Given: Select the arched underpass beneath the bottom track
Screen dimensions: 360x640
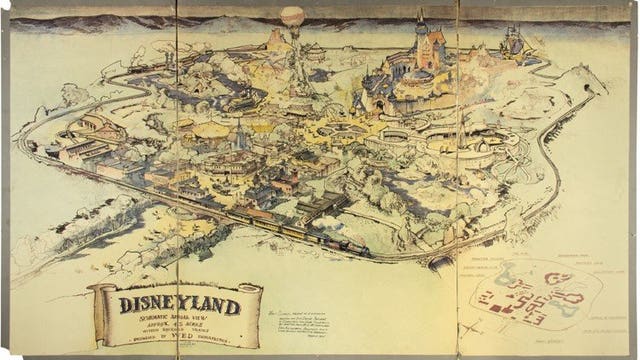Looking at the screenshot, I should pos(440,262).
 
